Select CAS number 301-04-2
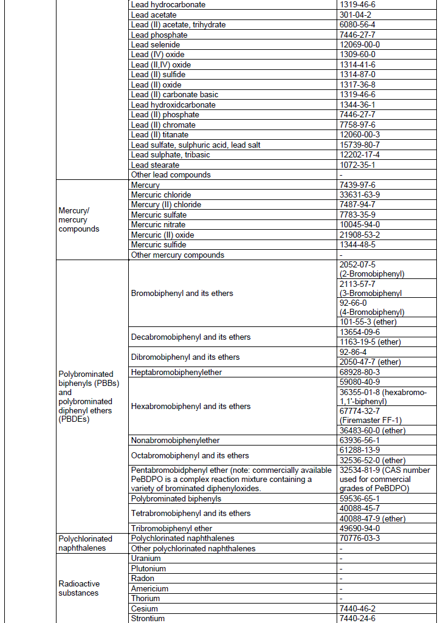(x=357, y=15)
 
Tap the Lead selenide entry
(x=155, y=44)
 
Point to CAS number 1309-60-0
(x=357, y=55)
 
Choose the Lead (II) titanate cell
(x=160, y=134)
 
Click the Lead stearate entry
(x=155, y=165)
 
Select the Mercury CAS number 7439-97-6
(x=357, y=185)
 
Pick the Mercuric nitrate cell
(x=158, y=225)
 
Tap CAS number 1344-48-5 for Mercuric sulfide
(x=357, y=245)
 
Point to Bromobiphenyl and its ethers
(x=182, y=294)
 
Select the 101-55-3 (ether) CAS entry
(x=367, y=322)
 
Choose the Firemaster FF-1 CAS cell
(x=370, y=416)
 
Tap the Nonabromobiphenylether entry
(x=175, y=441)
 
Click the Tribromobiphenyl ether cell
(x=171, y=529)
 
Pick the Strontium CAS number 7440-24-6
(x=357, y=619)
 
